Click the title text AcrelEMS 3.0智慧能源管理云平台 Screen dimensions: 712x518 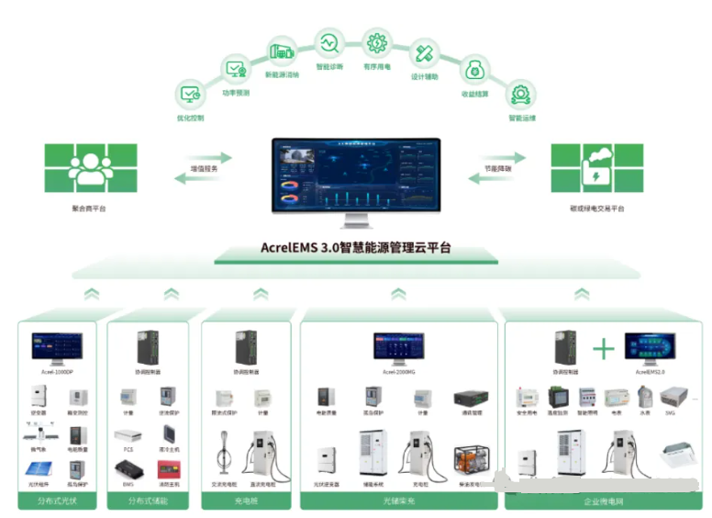tap(356, 248)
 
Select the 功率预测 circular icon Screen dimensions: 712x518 tap(237, 68)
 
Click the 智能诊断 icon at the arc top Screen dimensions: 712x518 tap(329, 42)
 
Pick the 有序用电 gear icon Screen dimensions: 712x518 tap(377, 42)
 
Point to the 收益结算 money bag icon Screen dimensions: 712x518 tap(475, 69)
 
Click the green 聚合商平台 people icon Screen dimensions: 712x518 tap(89, 167)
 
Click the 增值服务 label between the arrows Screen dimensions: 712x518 tap(203, 169)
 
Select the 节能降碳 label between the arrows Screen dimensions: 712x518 tap(498, 169)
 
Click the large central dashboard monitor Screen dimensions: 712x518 tap(356, 180)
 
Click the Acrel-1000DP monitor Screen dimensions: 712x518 tap(57, 348)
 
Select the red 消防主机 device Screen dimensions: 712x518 tap(168, 469)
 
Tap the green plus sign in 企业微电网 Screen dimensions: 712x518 tap(603, 348)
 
